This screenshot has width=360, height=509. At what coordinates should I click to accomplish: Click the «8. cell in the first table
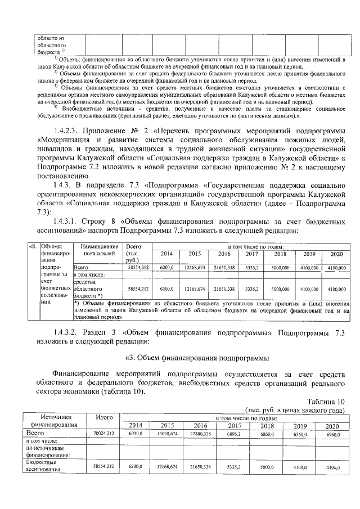pyautogui.click(x=33, y=246)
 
